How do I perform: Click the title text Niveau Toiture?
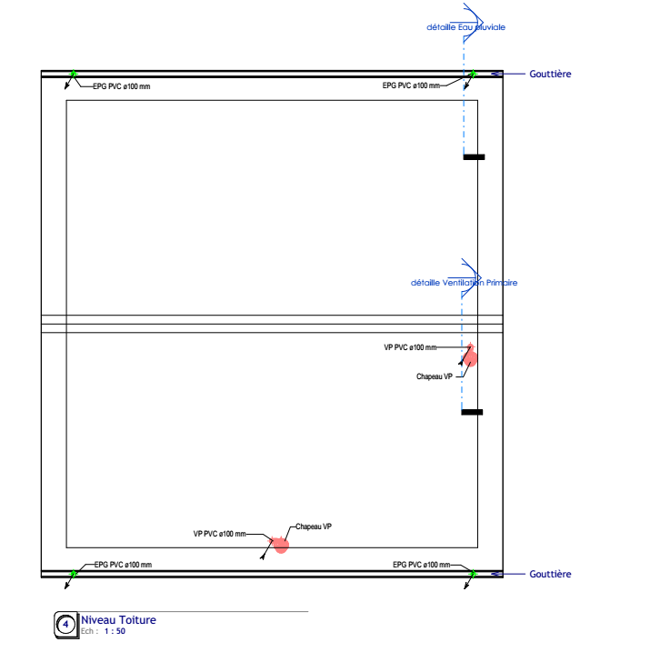[x=118, y=620]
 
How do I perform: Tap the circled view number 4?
[x=65, y=625]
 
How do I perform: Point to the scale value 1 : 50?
[x=115, y=631]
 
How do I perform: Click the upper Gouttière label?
[x=550, y=74]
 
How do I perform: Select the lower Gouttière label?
[x=550, y=574]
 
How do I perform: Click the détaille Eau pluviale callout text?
[x=465, y=27]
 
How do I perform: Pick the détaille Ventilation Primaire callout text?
[x=464, y=283]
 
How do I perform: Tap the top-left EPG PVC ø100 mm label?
[x=121, y=86]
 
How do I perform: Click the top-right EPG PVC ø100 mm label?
[x=411, y=85]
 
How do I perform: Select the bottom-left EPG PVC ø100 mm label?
[x=123, y=565]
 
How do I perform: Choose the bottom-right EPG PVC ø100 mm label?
[x=422, y=565]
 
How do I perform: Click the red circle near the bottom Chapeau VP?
[x=281, y=546]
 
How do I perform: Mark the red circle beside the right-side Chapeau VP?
[x=470, y=358]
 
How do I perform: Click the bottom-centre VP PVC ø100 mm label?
[x=219, y=534]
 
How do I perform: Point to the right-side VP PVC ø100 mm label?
[x=410, y=347]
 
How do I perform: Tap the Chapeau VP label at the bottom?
[x=314, y=527]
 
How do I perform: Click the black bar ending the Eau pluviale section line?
[x=474, y=157]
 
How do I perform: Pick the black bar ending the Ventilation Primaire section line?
[x=472, y=412]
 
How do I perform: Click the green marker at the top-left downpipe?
[x=74, y=74]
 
